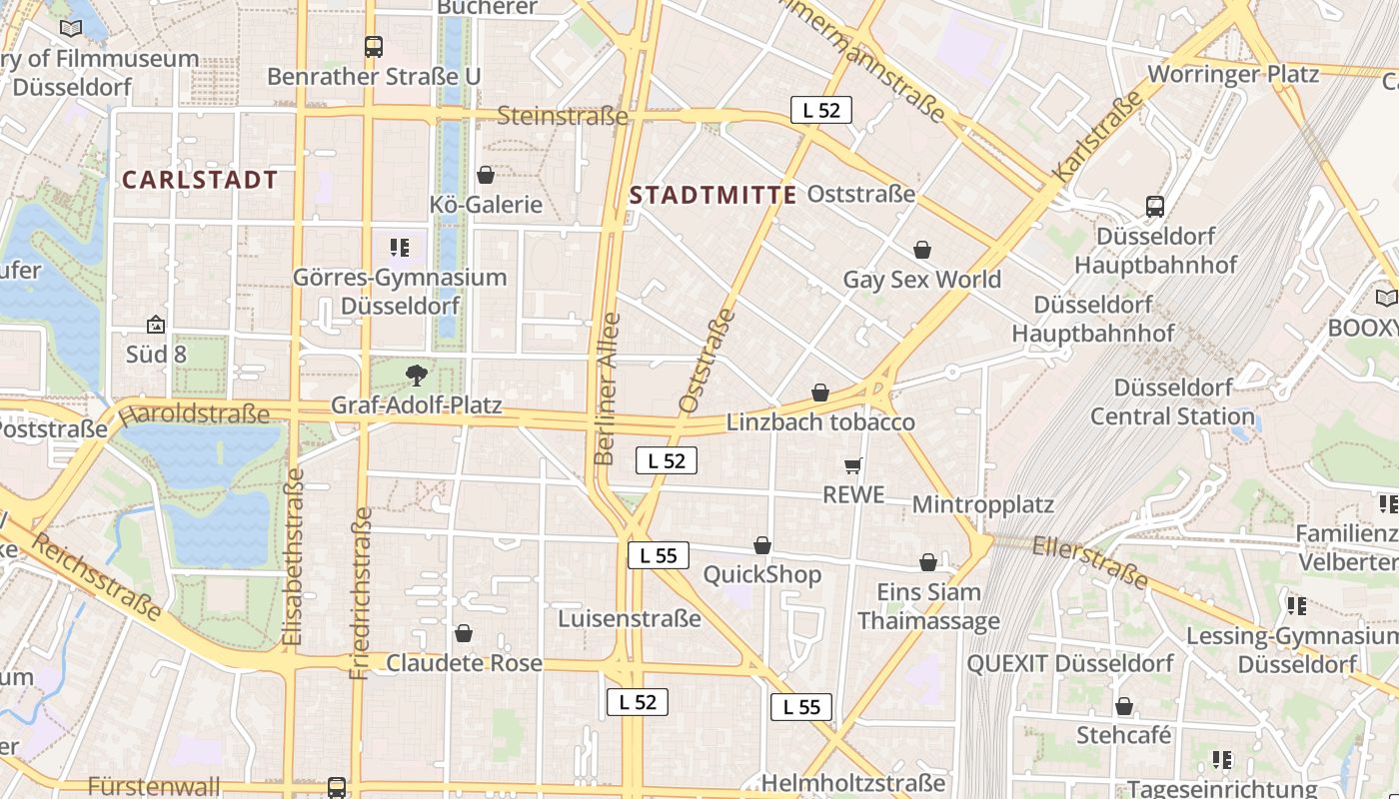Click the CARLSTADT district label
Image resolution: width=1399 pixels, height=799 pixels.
point(200,180)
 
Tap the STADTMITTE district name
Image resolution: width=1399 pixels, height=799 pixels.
point(713,195)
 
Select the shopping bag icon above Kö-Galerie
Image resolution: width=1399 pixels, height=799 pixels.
point(486,175)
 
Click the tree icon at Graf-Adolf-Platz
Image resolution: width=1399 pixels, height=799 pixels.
point(417,376)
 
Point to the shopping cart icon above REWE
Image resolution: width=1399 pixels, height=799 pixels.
point(853,465)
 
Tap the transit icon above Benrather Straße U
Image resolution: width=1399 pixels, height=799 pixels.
point(374,46)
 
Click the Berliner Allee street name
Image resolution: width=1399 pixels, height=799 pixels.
point(607,390)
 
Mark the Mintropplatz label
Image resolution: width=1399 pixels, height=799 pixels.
point(982,504)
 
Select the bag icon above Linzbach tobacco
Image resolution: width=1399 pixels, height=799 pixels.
point(820,393)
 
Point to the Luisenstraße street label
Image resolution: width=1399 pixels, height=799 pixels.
point(630,618)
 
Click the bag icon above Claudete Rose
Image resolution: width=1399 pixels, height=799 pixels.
point(464,633)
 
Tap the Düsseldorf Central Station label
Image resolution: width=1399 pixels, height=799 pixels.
point(1172,401)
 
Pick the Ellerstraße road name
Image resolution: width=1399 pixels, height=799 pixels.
point(1091,562)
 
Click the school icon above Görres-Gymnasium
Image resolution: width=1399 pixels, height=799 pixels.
point(400,247)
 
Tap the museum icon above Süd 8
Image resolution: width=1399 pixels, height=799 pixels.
point(155,325)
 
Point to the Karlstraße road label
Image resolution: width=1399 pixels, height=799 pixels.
point(1097,137)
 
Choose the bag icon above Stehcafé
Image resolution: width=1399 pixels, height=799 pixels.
point(1124,707)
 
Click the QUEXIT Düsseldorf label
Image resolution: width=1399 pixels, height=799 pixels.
point(1070,663)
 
